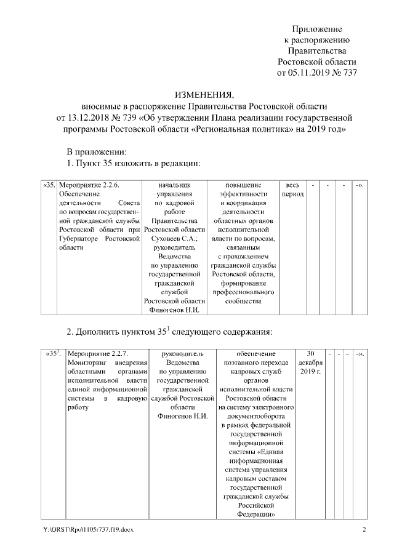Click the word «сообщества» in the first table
[x=243, y=301]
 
